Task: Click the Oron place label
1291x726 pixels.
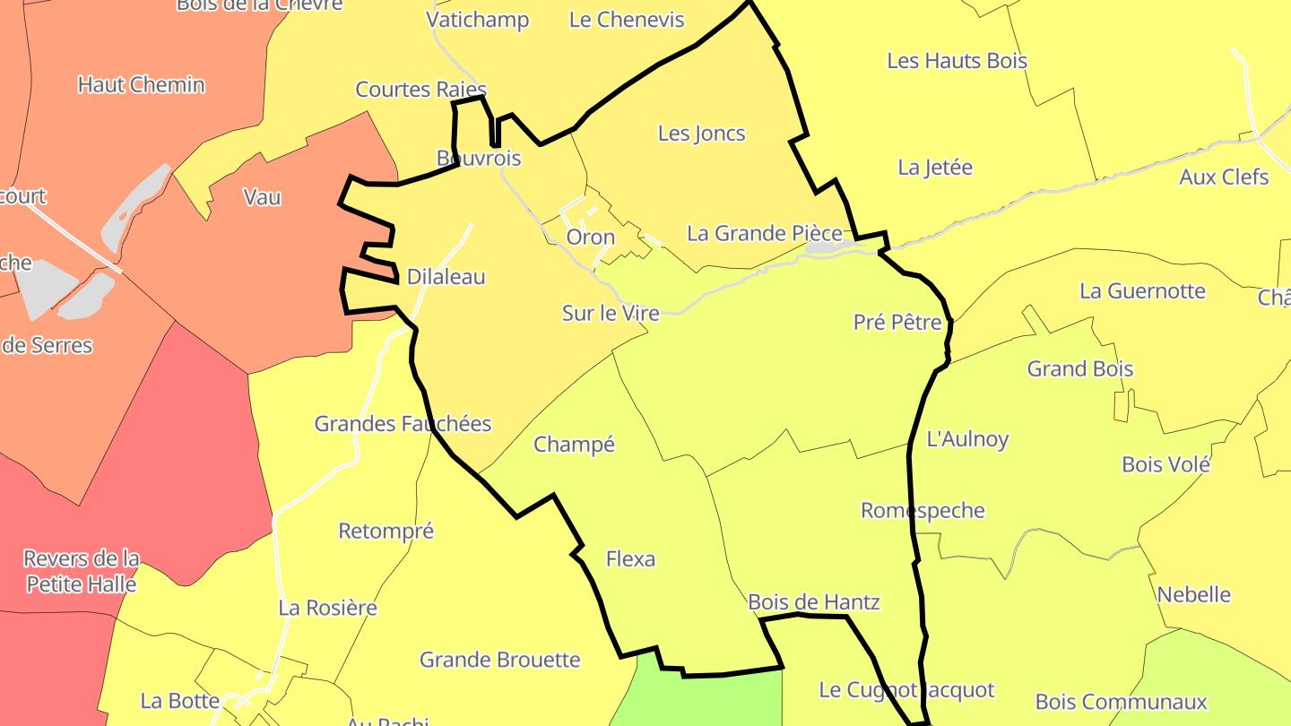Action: (x=591, y=238)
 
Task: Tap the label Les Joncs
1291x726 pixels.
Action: (x=701, y=134)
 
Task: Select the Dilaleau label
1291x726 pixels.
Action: (x=446, y=277)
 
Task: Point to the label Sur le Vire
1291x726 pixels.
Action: (x=611, y=313)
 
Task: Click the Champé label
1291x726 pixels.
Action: (x=574, y=445)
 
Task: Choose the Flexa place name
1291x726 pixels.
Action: (x=630, y=559)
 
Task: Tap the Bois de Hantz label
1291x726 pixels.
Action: (x=813, y=602)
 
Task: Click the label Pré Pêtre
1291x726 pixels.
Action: (x=897, y=323)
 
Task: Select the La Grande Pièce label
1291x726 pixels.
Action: (x=764, y=234)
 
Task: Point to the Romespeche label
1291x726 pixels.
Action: (x=923, y=511)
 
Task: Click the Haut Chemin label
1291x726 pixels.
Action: (x=141, y=85)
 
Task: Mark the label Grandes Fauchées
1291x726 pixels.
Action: (x=403, y=424)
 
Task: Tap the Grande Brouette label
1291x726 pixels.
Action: (x=500, y=661)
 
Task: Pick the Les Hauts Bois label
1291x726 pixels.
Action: (x=957, y=61)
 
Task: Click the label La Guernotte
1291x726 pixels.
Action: (x=1142, y=291)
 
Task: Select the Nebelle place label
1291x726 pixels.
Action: (x=1193, y=595)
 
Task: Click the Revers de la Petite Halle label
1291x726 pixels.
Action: (x=81, y=572)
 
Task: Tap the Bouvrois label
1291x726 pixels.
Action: (x=478, y=158)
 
